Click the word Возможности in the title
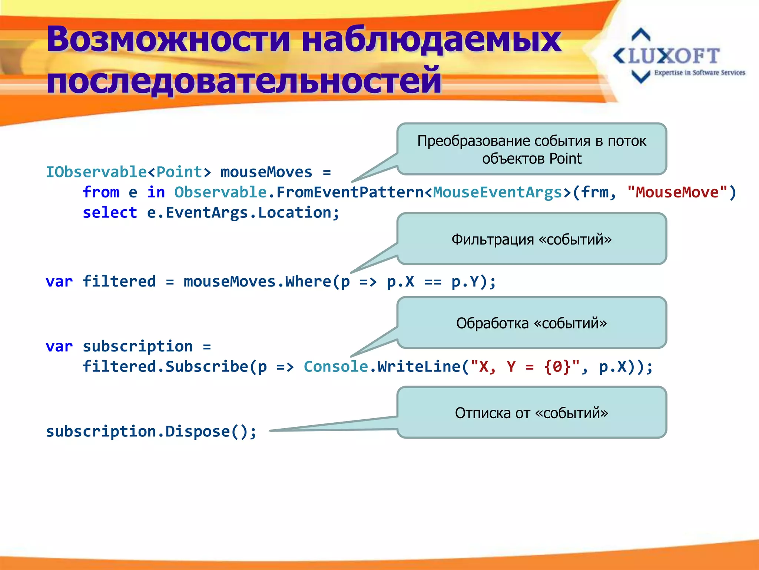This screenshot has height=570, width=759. pyautogui.click(x=169, y=40)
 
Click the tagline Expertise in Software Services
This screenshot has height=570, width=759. pyautogui.click(x=699, y=73)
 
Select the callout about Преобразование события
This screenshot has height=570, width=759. pyautogui.click(x=531, y=149)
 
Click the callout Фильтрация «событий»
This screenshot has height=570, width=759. pyautogui.click(x=531, y=239)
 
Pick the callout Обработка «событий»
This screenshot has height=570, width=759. pyautogui.click(x=531, y=323)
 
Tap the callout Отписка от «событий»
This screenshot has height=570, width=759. pyautogui.click(x=531, y=413)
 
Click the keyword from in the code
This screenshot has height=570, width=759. pyautogui.click(x=101, y=192)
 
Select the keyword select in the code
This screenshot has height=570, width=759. pyautogui.click(x=110, y=213)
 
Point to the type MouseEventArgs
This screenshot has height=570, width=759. pyautogui.click(x=497, y=192)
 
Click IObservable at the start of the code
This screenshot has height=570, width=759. pyautogui.click(x=96, y=172)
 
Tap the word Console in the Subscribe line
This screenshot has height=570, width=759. pyautogui.click(x=336, y=367)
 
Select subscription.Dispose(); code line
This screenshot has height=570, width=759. pyautogui.click(x=151, y=432)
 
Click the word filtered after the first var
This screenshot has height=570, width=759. pyautogui.click(x=119, y=281)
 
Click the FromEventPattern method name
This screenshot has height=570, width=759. pyautogui.click(x=349, y=192)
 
